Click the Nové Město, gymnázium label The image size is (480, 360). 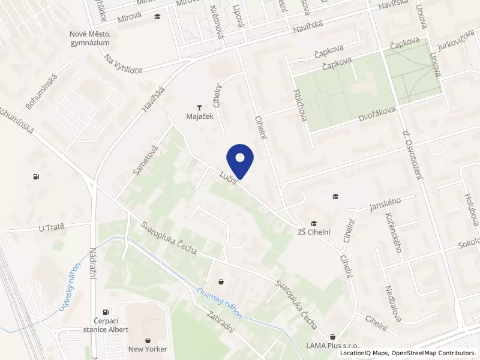click(90, 38)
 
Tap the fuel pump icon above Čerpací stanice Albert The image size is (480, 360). click(106, 312)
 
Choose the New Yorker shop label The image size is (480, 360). click(148, 349)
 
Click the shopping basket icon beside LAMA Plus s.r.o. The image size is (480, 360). click(332, 336)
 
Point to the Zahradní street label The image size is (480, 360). click(220, 323)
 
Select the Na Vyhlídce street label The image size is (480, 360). click(123, 64)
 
